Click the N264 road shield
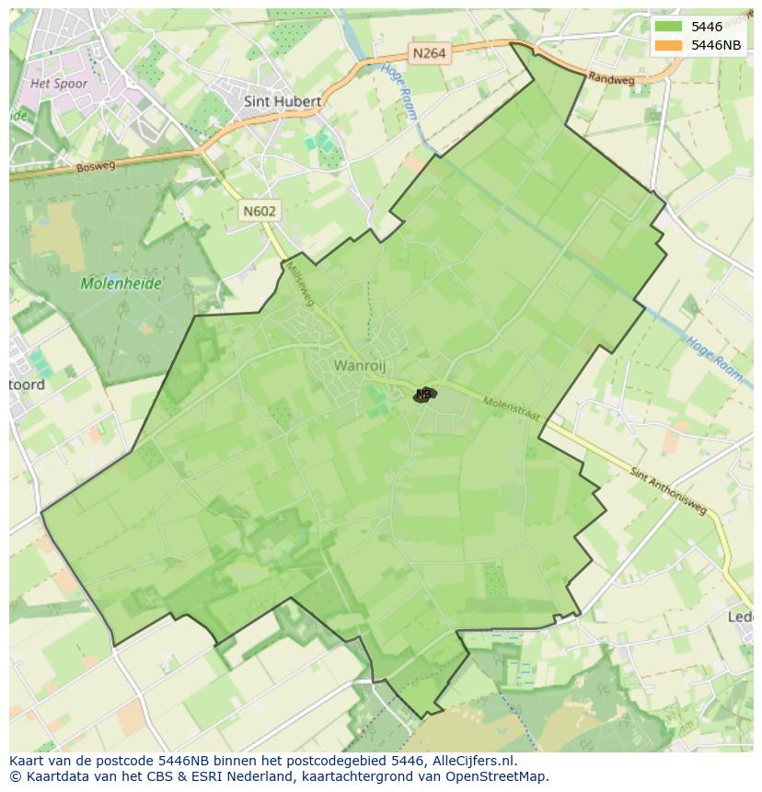[429, 53]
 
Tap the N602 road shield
[260, 211]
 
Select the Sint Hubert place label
[283, 101]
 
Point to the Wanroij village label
[360, 366]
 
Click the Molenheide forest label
[121, 283]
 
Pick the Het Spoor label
[59, 84]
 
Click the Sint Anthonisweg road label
[669, 490]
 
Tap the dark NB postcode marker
[423, 394]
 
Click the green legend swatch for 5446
[668, 27]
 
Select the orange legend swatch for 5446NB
[668, 45]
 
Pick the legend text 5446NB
[717, 45]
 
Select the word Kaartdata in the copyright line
[52, 776]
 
